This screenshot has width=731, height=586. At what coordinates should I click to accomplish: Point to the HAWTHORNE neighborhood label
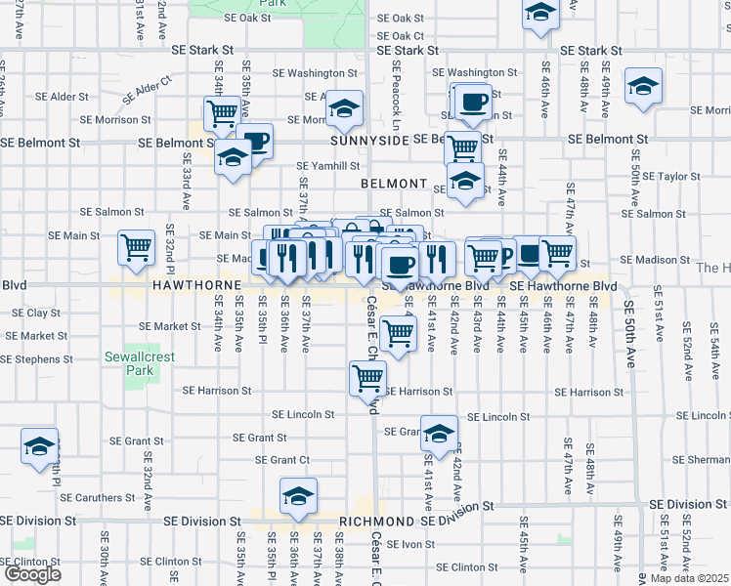pos(196,284)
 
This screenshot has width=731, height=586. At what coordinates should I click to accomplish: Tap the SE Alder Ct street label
pos(148,91)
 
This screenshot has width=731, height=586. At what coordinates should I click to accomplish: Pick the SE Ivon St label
pos(409,544)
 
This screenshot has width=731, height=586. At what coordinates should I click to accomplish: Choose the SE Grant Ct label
pos(282,460)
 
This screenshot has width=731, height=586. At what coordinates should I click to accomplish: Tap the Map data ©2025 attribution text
pos(688,578)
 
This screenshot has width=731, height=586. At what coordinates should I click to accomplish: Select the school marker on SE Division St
pos(298,496)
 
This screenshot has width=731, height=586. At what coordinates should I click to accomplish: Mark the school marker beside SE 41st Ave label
pos(439,433)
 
